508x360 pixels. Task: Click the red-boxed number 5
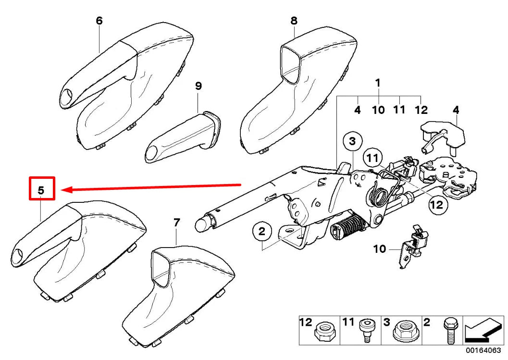[x=41, y=189]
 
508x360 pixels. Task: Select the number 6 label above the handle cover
[x=99, y=21]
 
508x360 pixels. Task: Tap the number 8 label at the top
[x=294, y=21]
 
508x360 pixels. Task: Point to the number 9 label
[x=198, y=86]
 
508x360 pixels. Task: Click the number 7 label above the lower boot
[x=176, y=223]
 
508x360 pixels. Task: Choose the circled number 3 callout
[x=352, y=141]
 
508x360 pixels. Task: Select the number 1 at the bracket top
[x=378, y=83]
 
